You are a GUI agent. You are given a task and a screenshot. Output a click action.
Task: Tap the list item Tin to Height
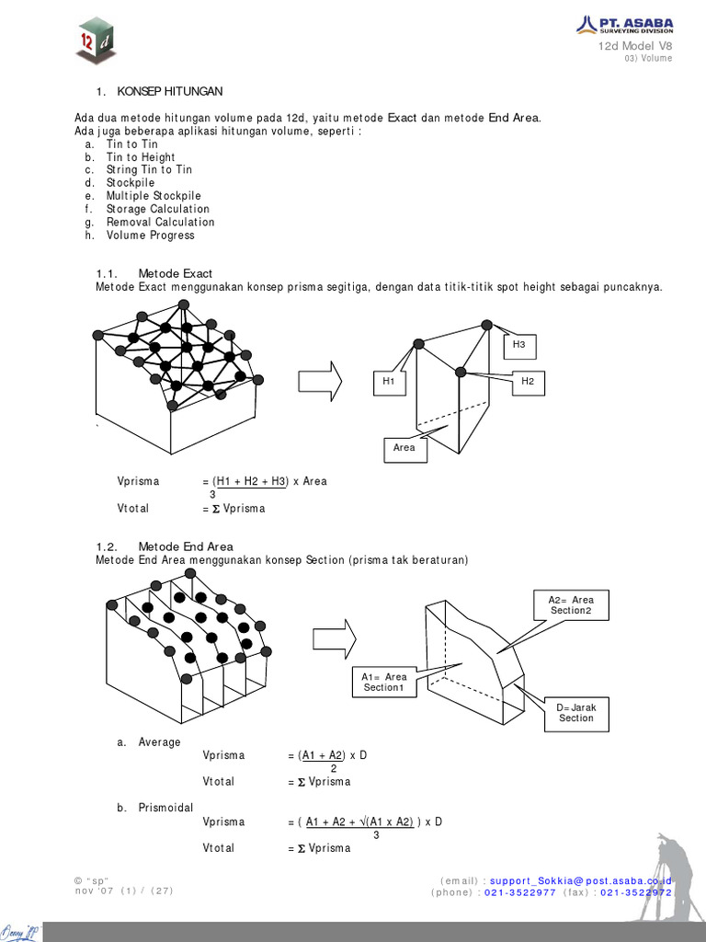tap(140, 157)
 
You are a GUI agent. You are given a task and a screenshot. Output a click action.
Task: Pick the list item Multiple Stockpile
tap(153, 196)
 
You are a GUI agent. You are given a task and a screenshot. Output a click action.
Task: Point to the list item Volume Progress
tap(150, 235)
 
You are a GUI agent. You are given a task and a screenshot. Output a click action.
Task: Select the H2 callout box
tap(527, 381)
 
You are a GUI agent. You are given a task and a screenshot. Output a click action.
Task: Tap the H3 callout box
tap(519, 344)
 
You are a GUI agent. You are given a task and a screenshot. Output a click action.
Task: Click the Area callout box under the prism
tap(404, 448)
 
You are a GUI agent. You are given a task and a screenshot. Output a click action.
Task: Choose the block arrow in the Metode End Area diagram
tap(335, 638)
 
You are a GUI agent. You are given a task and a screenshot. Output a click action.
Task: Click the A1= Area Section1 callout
tap(383, 683)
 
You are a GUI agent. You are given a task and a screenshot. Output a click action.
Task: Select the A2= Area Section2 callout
tap(571, 605)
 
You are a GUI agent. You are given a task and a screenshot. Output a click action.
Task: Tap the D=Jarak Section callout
tap(576, 712)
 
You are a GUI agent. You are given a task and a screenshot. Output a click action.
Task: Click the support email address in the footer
tap(580, 880)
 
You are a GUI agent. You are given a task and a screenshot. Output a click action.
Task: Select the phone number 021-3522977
tap(519, 892)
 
